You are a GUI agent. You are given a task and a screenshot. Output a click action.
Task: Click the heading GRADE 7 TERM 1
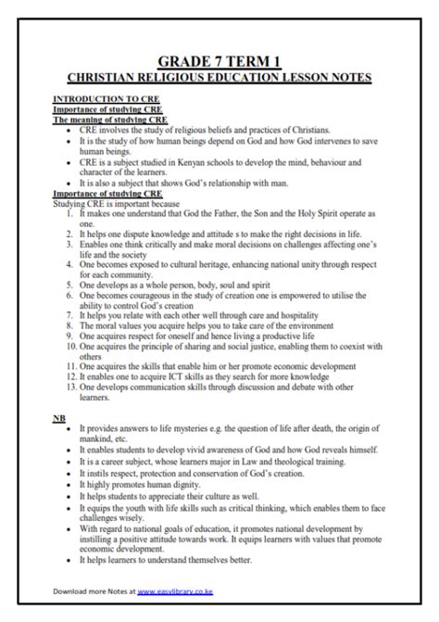pos(219,58)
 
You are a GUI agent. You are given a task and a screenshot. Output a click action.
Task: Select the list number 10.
pos(68,345)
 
